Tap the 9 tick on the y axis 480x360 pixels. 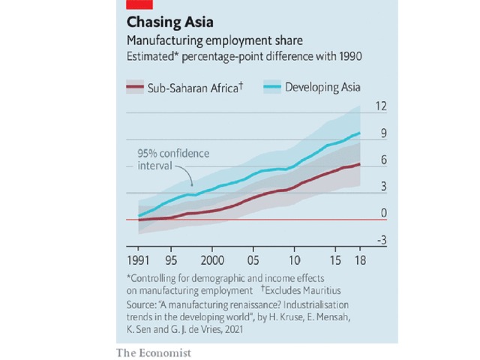(x=382, y=133)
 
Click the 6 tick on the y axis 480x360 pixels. (x=382, y=160)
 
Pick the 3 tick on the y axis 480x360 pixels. (x=382, y=187)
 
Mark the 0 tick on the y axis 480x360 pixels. (x=382, y=214)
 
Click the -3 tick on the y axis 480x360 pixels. (x=381, y=240)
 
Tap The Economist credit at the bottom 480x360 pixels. (x=154, y=352)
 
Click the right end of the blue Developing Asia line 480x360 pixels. (x=360, y=133)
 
